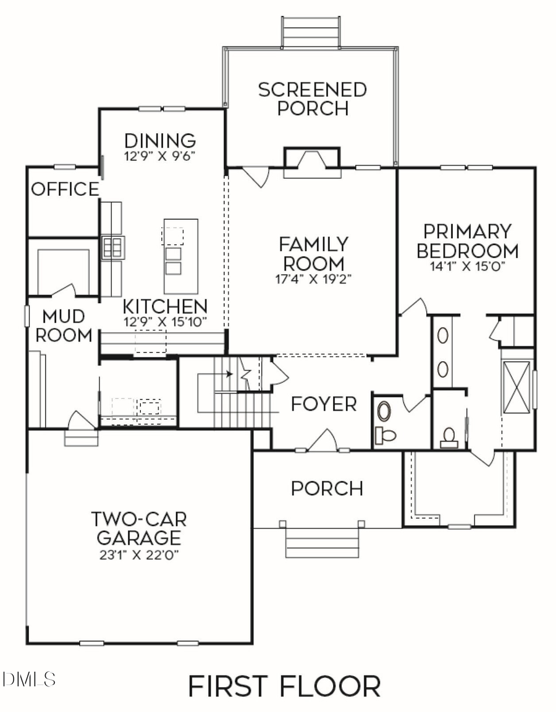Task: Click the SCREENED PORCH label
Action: point(312,99)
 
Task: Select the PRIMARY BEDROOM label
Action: point(467,241)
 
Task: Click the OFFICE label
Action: point(65,189)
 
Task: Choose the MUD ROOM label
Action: point(64,326)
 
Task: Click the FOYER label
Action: point(324,404)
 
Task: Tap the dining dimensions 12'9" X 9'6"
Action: point(160,156)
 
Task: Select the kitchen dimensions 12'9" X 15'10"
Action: point(164,321)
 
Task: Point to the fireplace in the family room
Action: point(312,162)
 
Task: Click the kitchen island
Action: point(181,256)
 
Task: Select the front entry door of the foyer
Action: point(322,442)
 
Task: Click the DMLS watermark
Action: point(29,680)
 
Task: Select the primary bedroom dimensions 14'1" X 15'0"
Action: point(467,268)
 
